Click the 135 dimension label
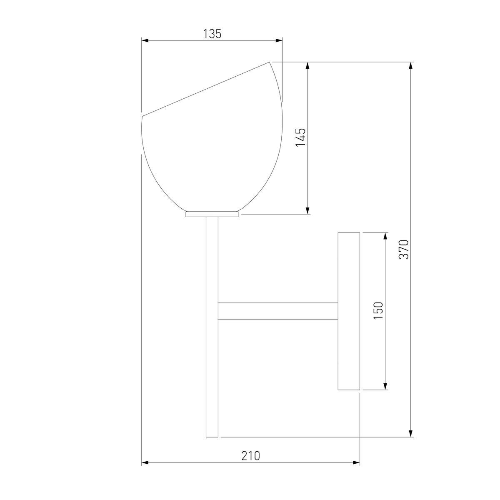[212, 34]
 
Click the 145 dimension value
[301, 137]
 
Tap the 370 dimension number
[405, 249]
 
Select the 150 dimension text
[378, 310]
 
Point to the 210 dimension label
[250, 456]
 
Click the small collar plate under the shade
[212, 214]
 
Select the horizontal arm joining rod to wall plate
[277, 311]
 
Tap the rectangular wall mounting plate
[348, 311]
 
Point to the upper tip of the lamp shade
[270, 62]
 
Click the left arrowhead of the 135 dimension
[145, 40]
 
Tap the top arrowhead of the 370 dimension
[411, 65]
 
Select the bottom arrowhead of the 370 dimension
[411, 434]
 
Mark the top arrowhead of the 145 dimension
[307, 65]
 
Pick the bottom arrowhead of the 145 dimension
[307, 211]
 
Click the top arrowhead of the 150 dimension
[385, 236]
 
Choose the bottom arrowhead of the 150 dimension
[385, 387]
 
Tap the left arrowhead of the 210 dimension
[145, 462]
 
